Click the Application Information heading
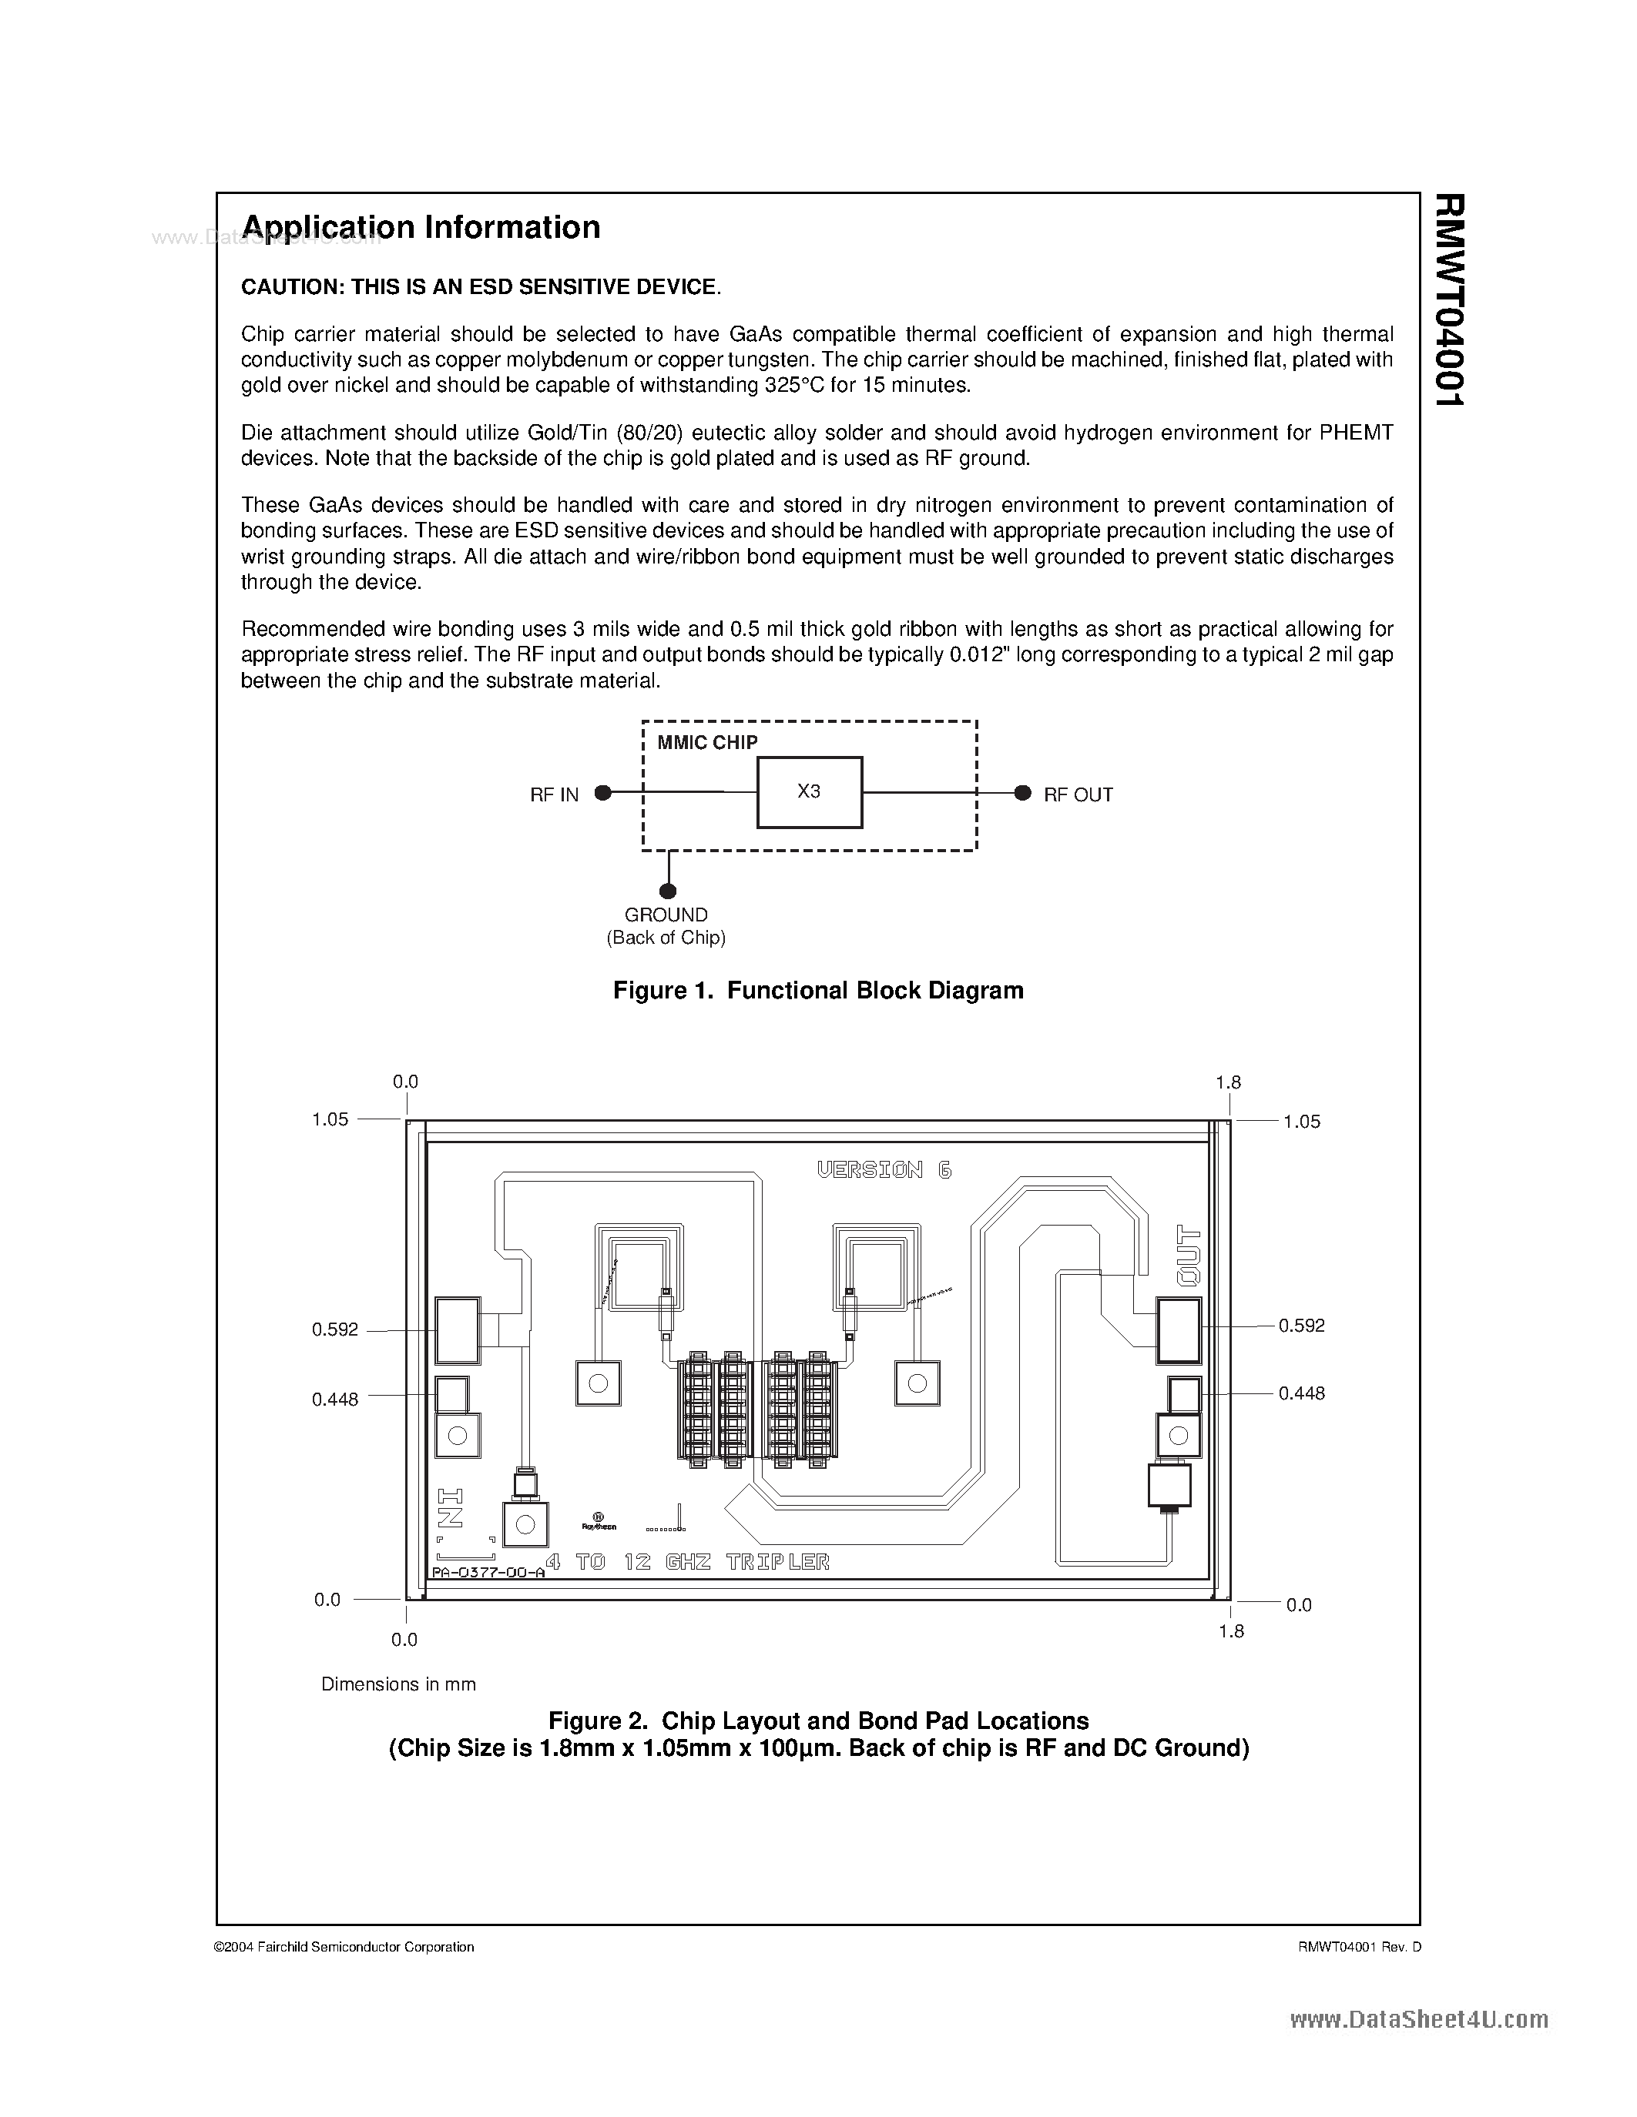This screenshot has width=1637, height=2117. (x=421, y=228)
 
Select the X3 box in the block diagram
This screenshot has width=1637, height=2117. (x=809, y=792)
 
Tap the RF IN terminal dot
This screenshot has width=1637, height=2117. (x=603, y=793)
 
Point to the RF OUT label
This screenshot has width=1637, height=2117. (x=1078, y=795)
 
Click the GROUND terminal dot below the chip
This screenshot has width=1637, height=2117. (x=667, y=891)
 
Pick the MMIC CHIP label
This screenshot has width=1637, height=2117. (x=707, y=743)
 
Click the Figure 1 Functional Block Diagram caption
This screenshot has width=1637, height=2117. (x=817, y=990)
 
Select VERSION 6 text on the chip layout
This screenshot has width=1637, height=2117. (x=884, y=1170)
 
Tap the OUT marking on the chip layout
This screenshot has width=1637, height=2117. (x=1189, y=1256)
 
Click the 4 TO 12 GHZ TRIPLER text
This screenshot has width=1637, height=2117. (x=688, y=1563)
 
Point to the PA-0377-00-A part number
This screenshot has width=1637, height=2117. (x=488, y=1574)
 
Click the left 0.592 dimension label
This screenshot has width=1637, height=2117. (x=334, y=1330)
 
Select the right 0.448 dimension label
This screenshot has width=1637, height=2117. (x=1300, y=1393)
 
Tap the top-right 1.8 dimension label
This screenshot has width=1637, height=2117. (x=1228, y=1082)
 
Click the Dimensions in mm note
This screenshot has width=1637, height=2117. (x=398, y=1684)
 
